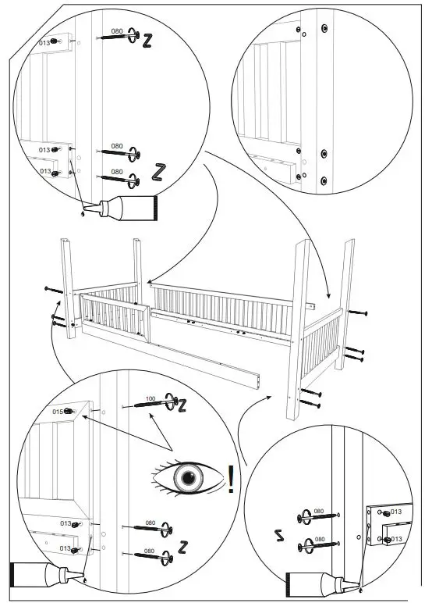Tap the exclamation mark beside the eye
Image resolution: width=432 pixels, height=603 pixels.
tap(231, 479)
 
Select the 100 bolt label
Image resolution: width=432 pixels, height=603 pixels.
tap(150, 399)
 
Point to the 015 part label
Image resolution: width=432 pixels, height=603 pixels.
tap(57, 411)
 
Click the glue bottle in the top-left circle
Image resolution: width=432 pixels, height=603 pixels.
tap(125, 208)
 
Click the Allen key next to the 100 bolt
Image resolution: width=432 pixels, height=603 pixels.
tap(182, 406)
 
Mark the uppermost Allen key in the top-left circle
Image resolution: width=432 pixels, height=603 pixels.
tap(146, 41)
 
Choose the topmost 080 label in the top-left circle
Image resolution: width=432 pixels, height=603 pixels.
tap(117, 31)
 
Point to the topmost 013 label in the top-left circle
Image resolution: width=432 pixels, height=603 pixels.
tap(44, 43)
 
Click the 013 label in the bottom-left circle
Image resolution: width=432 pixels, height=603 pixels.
tap(66, 524)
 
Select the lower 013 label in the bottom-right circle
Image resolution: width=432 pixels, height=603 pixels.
tap(395, 539)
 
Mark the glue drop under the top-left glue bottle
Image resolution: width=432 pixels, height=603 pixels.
tap(82, 213)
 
